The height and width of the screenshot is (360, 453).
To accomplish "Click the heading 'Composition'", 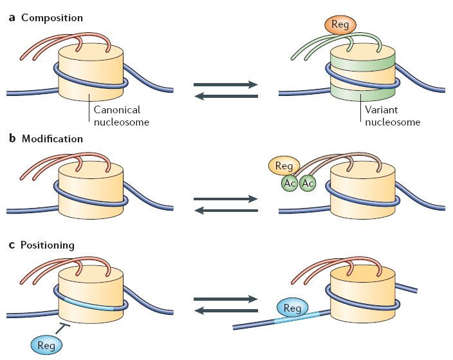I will (51, 17).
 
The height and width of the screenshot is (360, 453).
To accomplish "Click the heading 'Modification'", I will (52, 138).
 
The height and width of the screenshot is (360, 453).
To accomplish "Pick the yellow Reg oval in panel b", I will (284, 167).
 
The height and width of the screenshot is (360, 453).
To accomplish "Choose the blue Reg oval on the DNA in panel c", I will (291, 308).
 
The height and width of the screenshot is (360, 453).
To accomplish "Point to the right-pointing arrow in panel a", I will (226, 83).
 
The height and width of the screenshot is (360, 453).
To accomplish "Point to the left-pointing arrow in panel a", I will (226, 96).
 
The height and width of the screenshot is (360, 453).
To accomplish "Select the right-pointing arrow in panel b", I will (226, 200).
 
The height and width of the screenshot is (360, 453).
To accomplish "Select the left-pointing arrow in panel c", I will (226, 311).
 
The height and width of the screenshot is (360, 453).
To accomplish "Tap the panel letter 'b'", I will (10, 138).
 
